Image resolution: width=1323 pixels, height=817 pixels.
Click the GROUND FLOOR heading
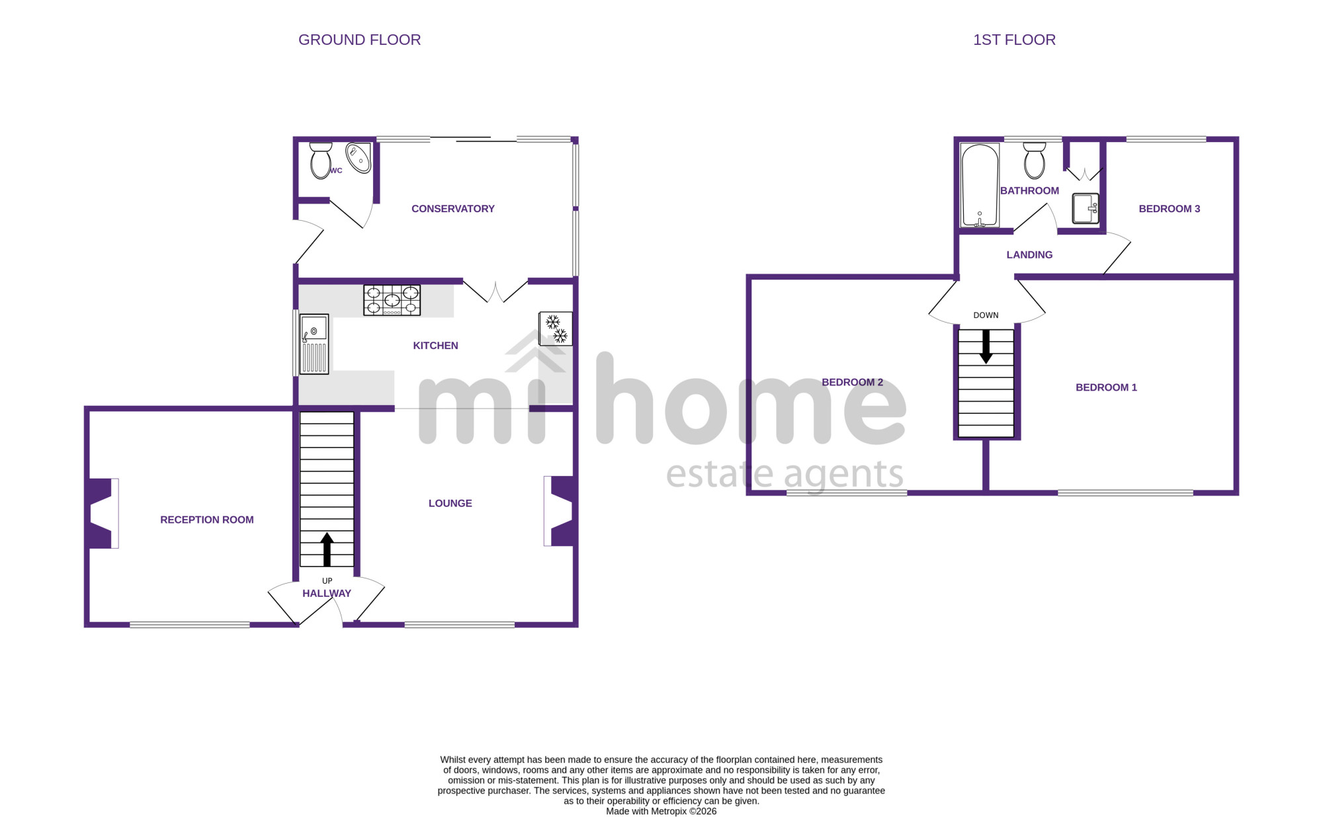point(359,40)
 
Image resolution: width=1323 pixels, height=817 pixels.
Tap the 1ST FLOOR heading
point(1014,40)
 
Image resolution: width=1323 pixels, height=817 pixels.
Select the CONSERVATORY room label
point(453,209)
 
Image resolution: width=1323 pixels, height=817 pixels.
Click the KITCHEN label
point(435,346)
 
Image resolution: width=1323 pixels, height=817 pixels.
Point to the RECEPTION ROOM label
point(207,520)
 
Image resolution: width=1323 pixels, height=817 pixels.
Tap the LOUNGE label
point(450,504)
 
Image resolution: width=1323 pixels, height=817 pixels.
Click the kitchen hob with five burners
point(392,300)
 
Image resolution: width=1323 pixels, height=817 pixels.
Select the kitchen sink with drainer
point(314,344)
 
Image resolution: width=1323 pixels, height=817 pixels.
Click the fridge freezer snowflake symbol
point(556,329)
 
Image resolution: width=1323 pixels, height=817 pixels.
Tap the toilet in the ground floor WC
point(321,161)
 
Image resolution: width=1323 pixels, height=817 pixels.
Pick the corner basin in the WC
point(359,157)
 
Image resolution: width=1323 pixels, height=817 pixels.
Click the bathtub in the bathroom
point(980,186)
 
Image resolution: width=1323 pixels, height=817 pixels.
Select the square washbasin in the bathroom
point(1086,208)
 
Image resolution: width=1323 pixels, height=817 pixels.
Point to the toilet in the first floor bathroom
point(1035,161)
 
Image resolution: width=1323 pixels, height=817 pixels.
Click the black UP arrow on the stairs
point(327,550)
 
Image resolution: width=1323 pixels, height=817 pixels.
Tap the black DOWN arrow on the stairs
point(986,346)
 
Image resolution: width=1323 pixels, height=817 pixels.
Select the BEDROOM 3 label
point(1170,209)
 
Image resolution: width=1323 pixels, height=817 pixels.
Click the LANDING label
point(1029,255)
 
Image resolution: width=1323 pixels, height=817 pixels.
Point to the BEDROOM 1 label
point(1107,387)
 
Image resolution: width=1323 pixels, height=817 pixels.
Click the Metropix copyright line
point(661,811)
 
